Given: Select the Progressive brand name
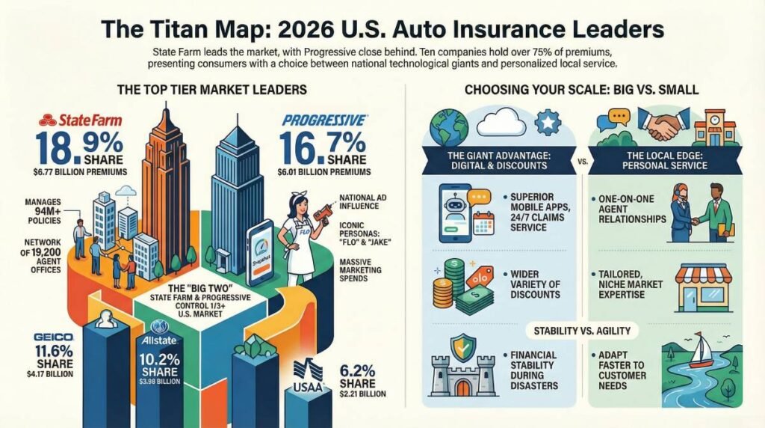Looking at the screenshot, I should [323, 120].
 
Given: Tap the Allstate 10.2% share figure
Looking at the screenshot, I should [159, 359].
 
